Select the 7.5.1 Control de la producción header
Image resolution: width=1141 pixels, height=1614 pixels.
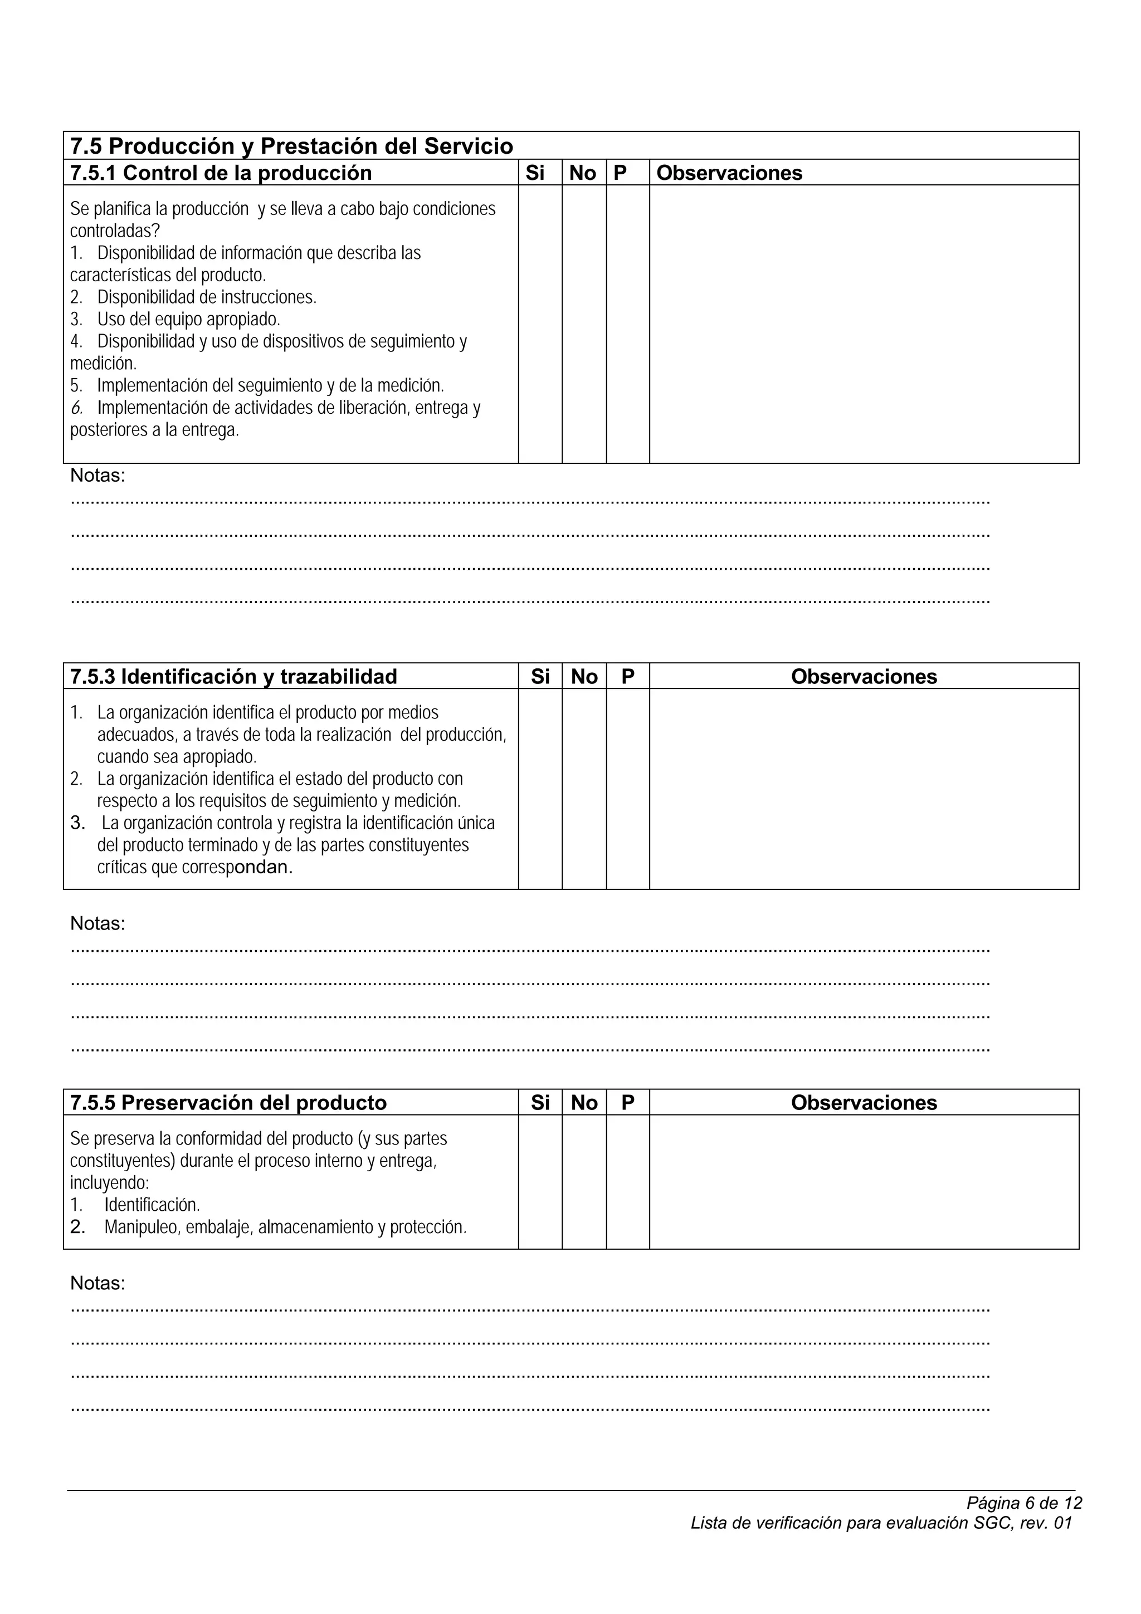(221, 173)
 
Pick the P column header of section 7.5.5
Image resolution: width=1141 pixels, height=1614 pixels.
(627, 1102)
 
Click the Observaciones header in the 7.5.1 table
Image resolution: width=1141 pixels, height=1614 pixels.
(729, 173)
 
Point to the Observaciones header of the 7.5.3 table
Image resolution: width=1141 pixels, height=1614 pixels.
(864, 676)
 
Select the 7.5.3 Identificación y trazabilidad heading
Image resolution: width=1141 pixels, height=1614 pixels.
(233, 676)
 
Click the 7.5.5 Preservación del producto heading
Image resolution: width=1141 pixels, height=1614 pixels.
(228, 1102)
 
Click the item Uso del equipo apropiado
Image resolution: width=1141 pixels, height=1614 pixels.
(188, 319)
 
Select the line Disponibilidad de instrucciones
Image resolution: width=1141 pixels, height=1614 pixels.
(207, 297)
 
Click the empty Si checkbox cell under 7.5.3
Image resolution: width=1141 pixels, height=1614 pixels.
(540, 789)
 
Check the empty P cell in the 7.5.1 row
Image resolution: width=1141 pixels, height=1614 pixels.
(627, 324)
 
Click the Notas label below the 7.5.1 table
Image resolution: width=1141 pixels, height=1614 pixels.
(97, 476)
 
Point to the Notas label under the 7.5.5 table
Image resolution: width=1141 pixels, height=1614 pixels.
(97, 1284)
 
